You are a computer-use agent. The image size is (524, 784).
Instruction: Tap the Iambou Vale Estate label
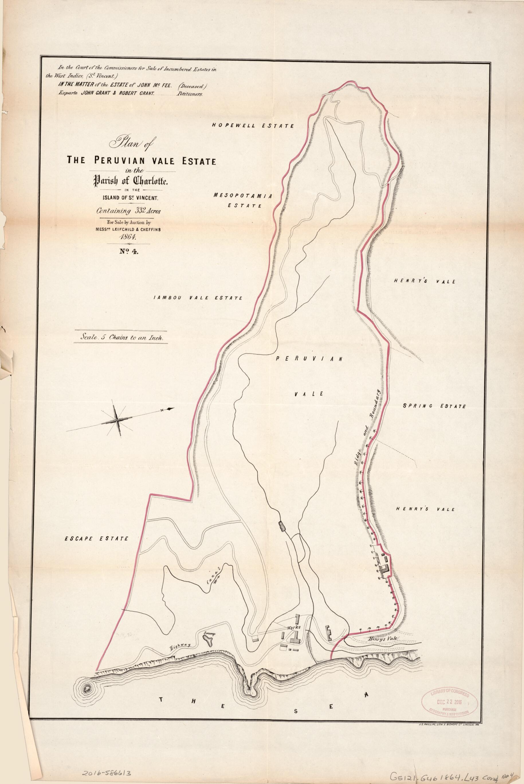(197, 298)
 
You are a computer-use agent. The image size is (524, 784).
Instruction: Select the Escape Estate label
(96, 539)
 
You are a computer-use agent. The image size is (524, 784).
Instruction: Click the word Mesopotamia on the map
(245, 195)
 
